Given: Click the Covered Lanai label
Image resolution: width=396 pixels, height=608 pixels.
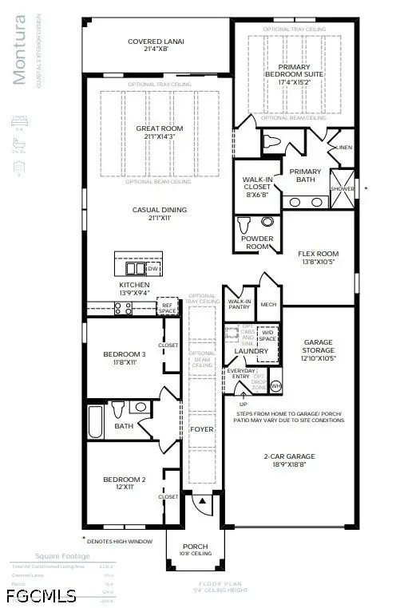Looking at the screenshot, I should (x=157, y=42).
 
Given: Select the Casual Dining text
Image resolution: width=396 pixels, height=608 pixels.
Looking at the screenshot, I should (x=157, y=210).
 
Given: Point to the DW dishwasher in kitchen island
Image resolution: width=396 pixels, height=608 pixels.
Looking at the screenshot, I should (x=152, y=269).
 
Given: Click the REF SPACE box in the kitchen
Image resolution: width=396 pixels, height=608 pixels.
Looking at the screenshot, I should (x=168, y=306).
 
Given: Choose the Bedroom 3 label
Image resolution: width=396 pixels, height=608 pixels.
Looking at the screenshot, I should (x=124, y=354).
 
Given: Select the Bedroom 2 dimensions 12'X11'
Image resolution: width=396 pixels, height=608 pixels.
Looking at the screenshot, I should (x=124, y=488).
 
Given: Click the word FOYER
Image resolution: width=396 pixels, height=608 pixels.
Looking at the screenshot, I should (x=201, y=429).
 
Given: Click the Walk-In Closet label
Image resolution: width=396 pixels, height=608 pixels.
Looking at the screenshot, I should (x=256, y=185).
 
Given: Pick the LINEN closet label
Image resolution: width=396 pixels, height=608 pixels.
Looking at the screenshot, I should (x=345, y=147).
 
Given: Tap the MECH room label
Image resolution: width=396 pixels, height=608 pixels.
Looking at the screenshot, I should (x=268, y=303).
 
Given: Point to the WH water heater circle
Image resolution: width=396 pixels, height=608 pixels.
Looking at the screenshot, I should (x=276, y=386).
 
